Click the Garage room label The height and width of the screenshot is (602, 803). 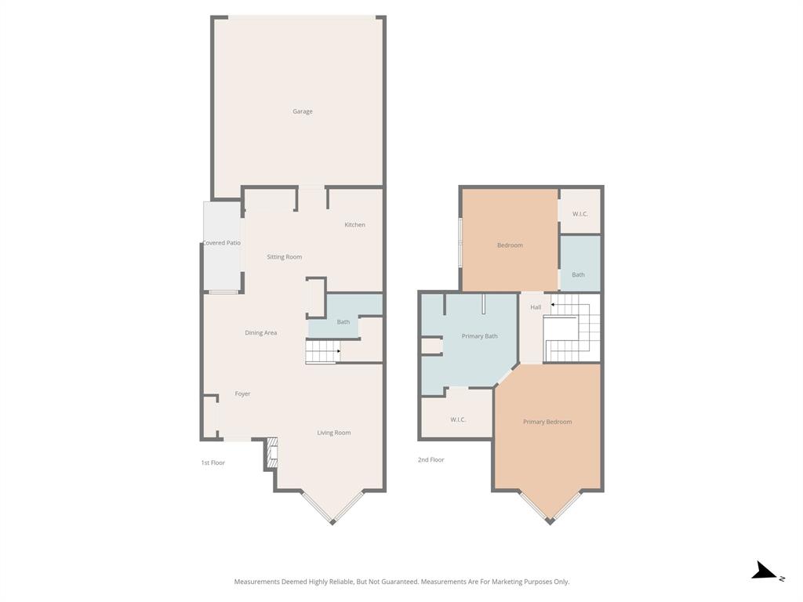point(303,111)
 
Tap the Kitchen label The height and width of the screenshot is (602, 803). point(354,225)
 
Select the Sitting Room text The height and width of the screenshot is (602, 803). point(284,257)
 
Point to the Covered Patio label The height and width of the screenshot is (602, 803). point(222,243)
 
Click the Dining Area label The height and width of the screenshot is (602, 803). point(260,333)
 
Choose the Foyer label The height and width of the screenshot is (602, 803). point(242,393)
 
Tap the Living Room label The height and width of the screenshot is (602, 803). point(333,433)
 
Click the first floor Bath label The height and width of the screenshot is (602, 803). point(343,322)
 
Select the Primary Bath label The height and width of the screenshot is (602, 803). point(479,336)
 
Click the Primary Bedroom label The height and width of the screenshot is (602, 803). point(547,422)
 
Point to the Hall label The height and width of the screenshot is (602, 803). point(536,307)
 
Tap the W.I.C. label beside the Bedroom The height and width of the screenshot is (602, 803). point(580,214)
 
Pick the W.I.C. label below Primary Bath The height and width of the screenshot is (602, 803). point(458,419)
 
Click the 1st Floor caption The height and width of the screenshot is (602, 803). point(213,462)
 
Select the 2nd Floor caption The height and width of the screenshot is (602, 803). point(431,460)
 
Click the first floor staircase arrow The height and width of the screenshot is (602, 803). point(337,351)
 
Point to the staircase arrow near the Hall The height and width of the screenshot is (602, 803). point(553,304)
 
